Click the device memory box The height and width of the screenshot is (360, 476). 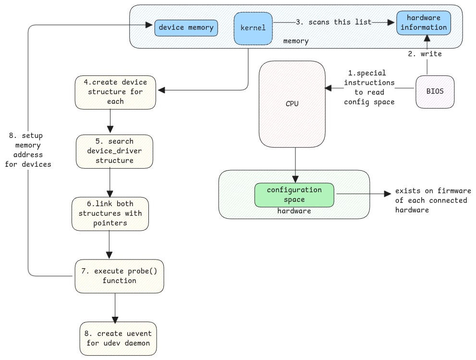click(x=186, y=28)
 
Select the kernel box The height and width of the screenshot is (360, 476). click(x=253, y=28)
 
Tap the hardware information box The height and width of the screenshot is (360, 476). click(x=424, y=23)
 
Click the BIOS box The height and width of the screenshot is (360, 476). click(x=435, y=91)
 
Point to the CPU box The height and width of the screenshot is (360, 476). click(x=292, y=103)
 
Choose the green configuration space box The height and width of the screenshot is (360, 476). click(x=294, y=195)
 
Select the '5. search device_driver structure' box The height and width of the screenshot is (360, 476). click(x=114, y=151)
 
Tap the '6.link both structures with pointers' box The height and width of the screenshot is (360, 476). click(x=110, y=213)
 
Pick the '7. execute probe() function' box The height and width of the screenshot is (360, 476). click(x=119, y=276)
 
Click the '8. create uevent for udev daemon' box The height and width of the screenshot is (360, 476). click(x=118, y=338)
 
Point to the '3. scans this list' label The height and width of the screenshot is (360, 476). click(x=333, y=22)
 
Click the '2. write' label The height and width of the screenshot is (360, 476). click(x=425, y=54)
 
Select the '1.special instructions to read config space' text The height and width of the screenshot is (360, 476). click(x=369, y=87)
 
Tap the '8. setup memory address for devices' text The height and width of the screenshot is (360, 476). click(x=28, y=150)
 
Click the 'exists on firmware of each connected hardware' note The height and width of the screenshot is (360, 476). click(x=433, y=200)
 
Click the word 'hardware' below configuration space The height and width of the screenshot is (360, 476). click(x=294, y=211)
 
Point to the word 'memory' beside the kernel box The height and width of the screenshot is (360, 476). click(x=295, y=41)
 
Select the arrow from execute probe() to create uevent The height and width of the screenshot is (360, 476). click(x=115, y=308)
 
